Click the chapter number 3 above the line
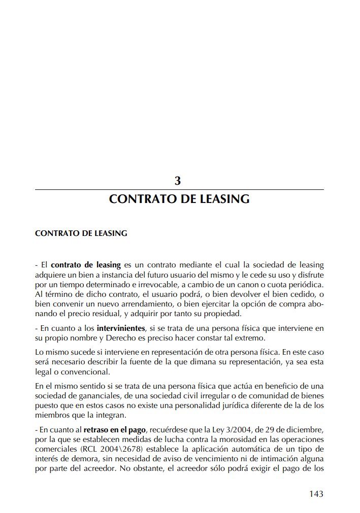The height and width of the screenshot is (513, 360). pyautogui.click(x=178, y=181)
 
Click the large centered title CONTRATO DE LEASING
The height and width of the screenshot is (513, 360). pyautogui.click(x=179, y=199)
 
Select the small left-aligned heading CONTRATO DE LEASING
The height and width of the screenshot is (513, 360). pyautogui.click(x=81, y=234)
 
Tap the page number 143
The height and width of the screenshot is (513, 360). pyautogui.click(x=316, y=493)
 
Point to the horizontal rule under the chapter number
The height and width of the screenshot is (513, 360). pyautogui.click(x=179, y=190)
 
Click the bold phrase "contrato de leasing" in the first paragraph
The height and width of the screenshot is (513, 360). pyautogui.click(x=86, y=265)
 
